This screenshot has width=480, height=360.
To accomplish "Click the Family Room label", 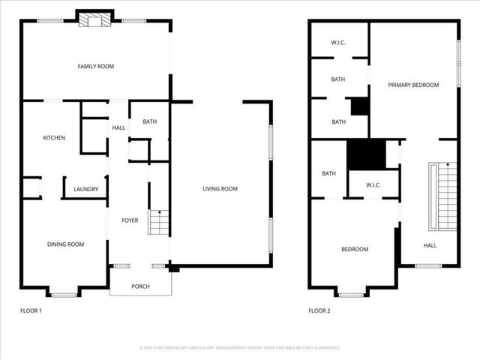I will [96, 67].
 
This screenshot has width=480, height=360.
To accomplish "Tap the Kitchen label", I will [54, 138].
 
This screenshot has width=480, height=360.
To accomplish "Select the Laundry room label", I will [85, 189].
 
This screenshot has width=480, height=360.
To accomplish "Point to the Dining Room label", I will [65, 244].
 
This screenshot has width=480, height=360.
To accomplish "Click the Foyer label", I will [130, 220].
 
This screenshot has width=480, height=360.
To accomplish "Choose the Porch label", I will [140, 286].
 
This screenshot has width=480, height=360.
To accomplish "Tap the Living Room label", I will [220, 189].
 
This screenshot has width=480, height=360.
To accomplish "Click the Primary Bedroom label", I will [413, 85].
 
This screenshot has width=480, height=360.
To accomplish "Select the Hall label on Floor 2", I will [430, 245].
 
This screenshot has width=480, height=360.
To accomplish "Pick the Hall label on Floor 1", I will [119, 128].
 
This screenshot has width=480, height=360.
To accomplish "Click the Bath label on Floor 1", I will [150, 121].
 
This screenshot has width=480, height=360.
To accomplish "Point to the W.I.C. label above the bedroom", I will [374, 184].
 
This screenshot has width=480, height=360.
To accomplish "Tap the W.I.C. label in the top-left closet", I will [338, 43].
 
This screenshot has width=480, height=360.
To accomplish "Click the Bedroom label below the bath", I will [355, 249].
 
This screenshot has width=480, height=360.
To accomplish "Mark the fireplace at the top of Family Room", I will [95, 20].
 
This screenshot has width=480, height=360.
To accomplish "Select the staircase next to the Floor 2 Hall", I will [442, 196].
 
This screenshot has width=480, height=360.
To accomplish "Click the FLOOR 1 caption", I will [31, 310].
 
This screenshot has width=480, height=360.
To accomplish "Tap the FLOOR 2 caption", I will [319, 310].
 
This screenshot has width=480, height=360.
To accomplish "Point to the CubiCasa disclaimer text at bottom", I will [240, 348].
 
